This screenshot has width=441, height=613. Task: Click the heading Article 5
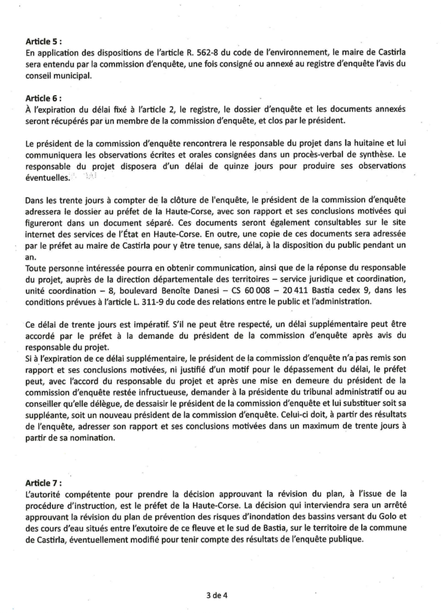point(43,43)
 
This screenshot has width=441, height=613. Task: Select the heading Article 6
point(43,96)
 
